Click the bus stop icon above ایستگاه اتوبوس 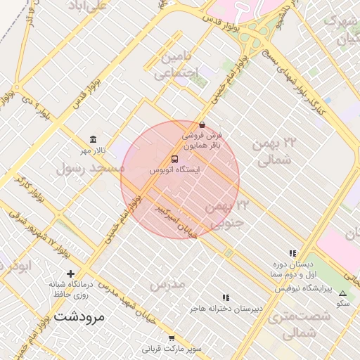[x=175, y=159]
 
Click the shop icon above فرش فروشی [x=202, y=124]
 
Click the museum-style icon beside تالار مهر [x=93, y=139]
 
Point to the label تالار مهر [x=92, y=150]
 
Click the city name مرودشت [x=78, y=316]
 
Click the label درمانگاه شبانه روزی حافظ [x=70, y=289]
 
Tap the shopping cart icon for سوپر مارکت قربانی [x=172, y=338]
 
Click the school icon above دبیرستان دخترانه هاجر [x=226, y=297]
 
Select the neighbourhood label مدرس [x=167, y=283]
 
